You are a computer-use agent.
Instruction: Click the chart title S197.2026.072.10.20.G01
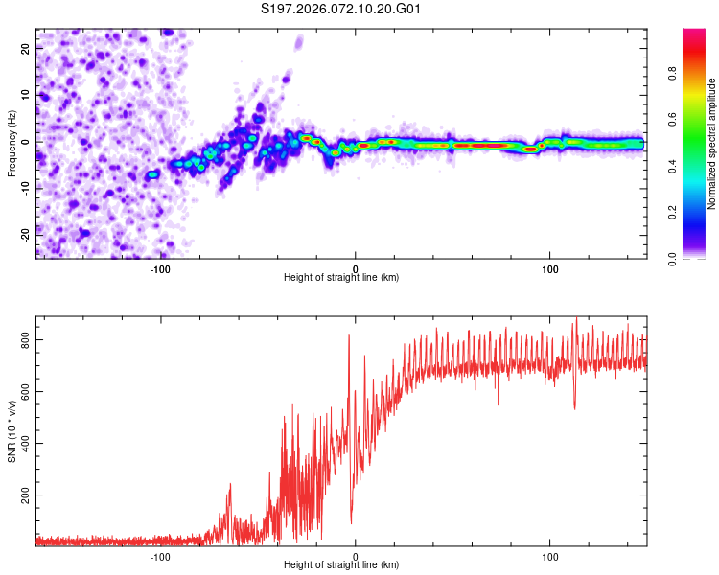pyautogui.click(x=342, y=10)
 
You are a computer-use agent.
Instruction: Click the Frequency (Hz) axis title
pyautogui.click(x=12, y=143)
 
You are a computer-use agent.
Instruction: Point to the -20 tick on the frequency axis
pyautogui.click(x=26, y=233)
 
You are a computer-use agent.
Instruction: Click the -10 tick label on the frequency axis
pyautogui.click(x=26, y=188)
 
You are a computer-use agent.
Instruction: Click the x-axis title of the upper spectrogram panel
pyautogui.click(x=341, y=278)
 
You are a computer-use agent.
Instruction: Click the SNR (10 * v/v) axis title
pyautogui.click(x=12, y=430)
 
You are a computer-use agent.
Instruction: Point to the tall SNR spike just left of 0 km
pyautogui.click(x=349, y=337)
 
